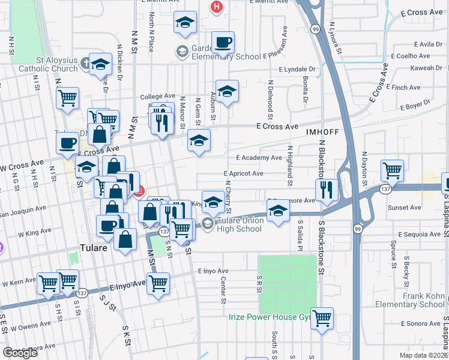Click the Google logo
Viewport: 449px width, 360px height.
[20, 353]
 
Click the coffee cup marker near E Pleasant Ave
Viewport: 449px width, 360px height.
[223, 43]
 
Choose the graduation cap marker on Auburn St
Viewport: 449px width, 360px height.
[227, 92]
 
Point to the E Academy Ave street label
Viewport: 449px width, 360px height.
[259, 158]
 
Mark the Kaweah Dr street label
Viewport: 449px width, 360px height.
[426, 68]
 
